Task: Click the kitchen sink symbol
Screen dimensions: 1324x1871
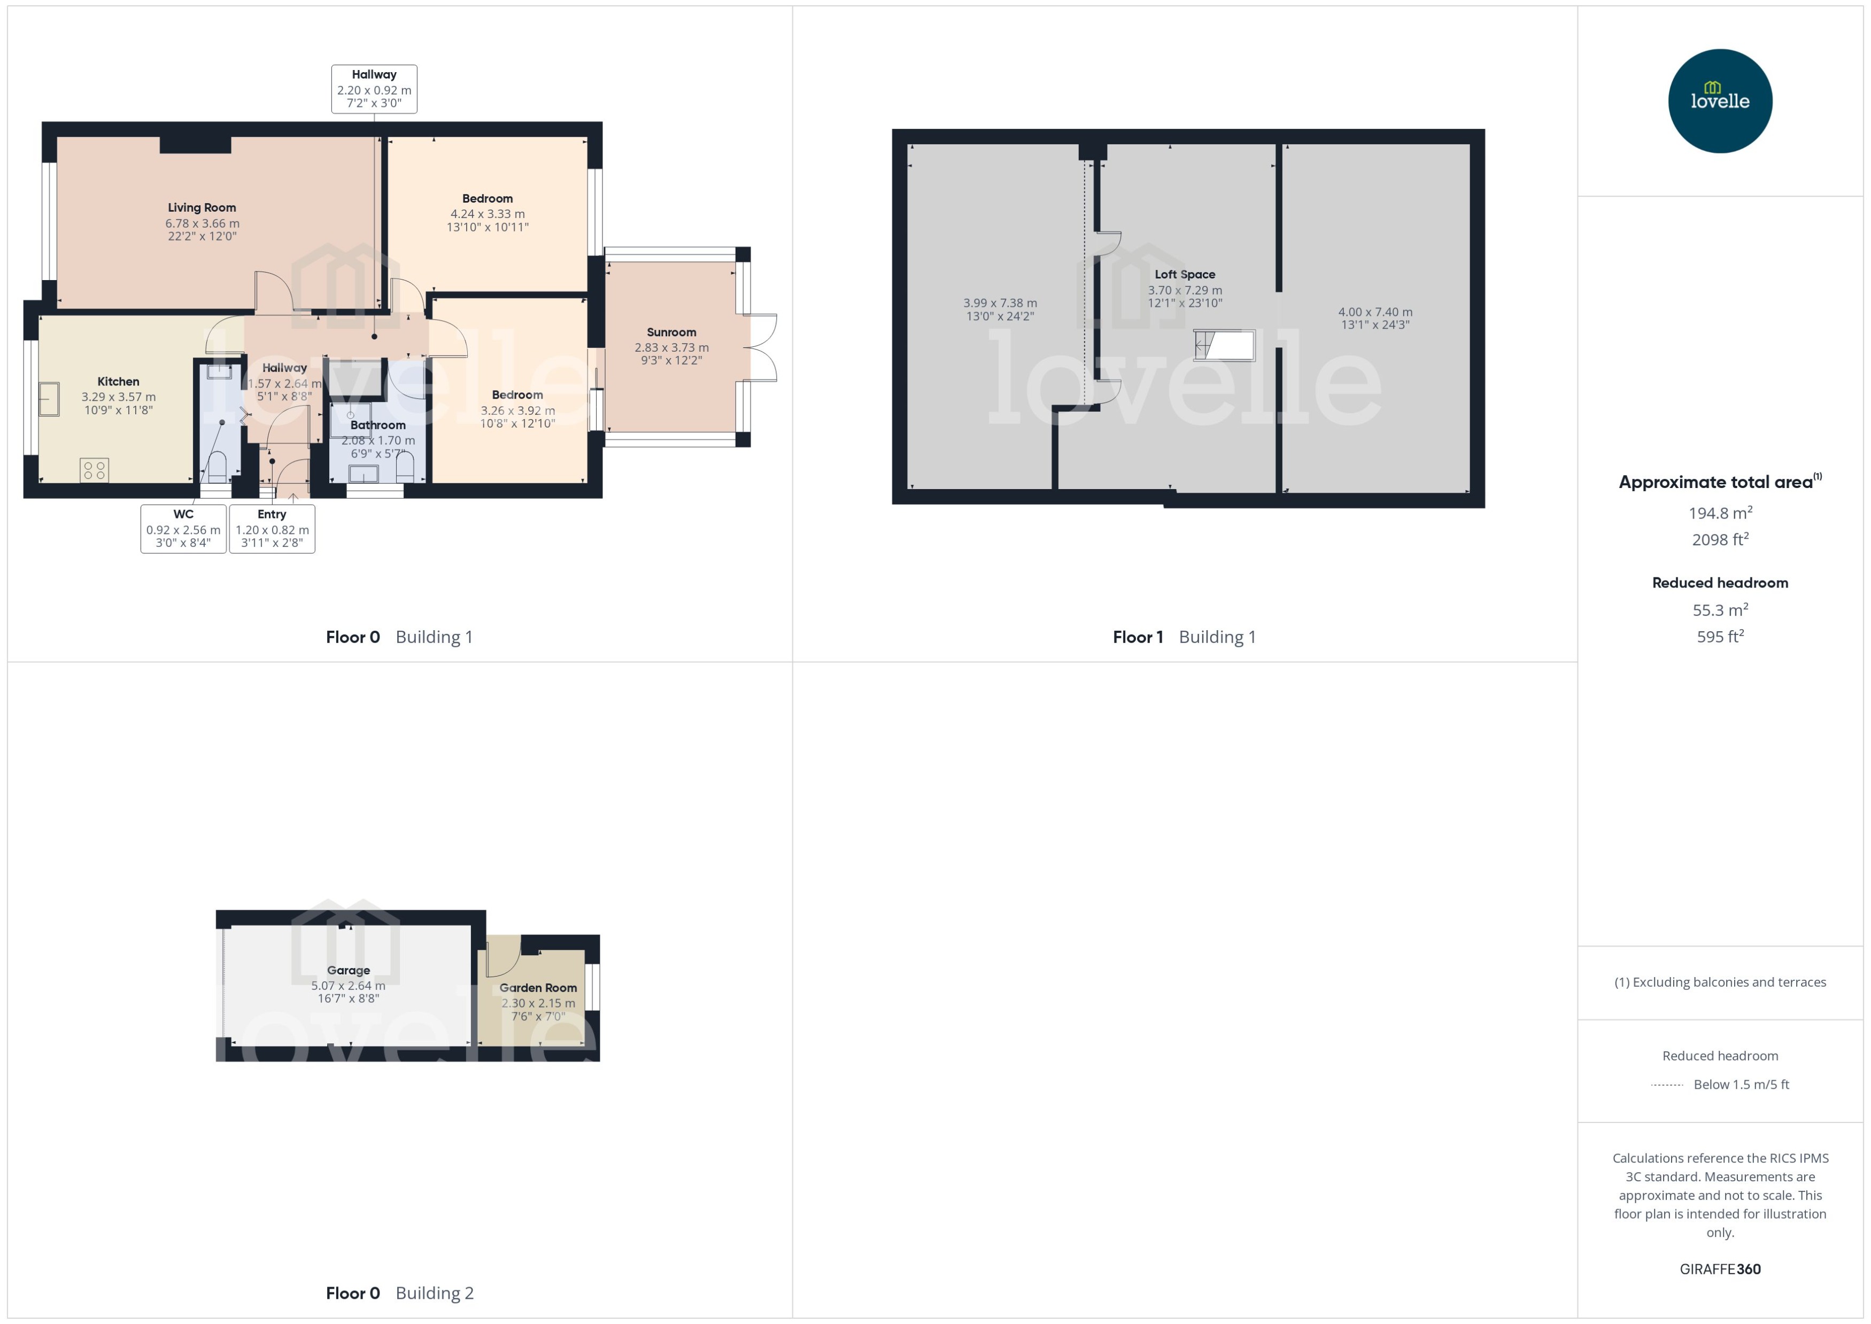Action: (x=49, y=399)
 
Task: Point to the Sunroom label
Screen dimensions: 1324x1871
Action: (x=671, y=332)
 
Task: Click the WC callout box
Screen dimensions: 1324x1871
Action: (x=183, y=528)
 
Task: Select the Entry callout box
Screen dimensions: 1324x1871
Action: (x=272, y=528)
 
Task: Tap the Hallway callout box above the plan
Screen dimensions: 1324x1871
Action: (x=374, y=89)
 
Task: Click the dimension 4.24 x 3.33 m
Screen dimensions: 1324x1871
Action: (x=488, y=214)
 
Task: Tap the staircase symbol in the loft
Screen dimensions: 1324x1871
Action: (x=1224, y=345)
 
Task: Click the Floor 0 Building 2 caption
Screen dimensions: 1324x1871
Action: (x=399, y=1293)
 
